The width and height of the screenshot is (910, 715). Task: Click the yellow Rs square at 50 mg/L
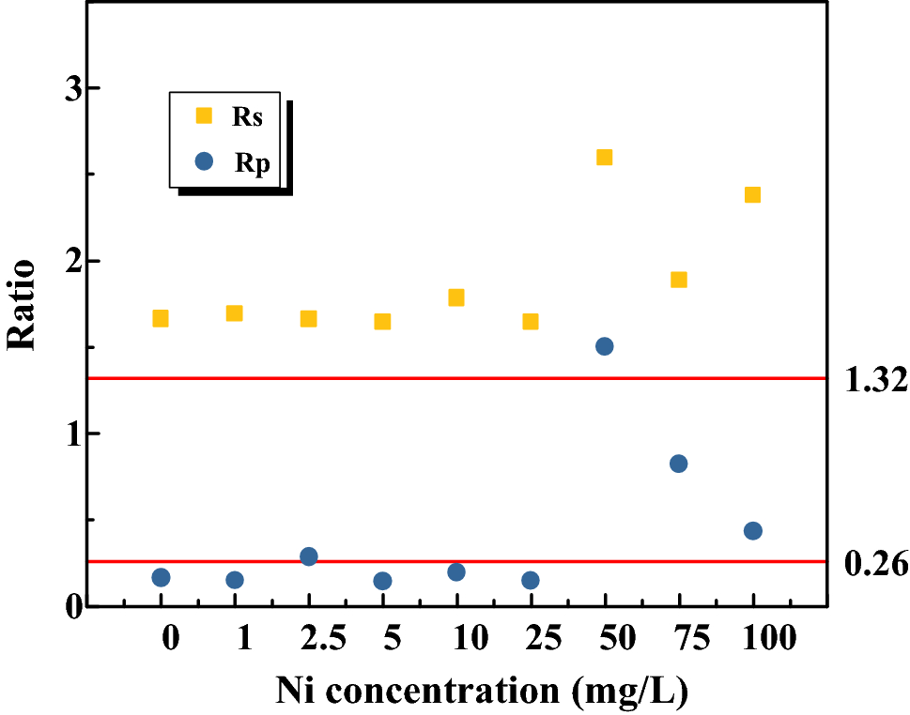[x=604, y=157]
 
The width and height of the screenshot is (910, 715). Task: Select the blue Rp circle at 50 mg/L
[x=604, y=346]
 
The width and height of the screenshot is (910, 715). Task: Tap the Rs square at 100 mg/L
[x=752, y=194]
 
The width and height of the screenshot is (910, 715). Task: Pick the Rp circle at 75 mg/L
[x=678, y=464]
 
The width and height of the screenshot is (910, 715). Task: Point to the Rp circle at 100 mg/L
[x=752, y=531]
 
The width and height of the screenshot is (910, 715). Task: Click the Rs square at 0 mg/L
[x=161, y=318]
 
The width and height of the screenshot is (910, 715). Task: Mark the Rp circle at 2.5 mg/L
[x=309, y=556]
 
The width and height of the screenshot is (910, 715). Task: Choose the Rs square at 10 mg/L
[x=456, y=297]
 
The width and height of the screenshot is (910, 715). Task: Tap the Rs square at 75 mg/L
[x=678, y=280]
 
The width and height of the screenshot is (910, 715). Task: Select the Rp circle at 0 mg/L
[x=161, y=577]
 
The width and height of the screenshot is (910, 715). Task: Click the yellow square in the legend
[x=203, y=116]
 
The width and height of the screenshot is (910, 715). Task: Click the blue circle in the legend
[x=203, y=161]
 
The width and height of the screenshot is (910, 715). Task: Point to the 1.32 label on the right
[x=875, y=380]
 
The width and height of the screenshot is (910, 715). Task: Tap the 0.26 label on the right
[x=875, y=564]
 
